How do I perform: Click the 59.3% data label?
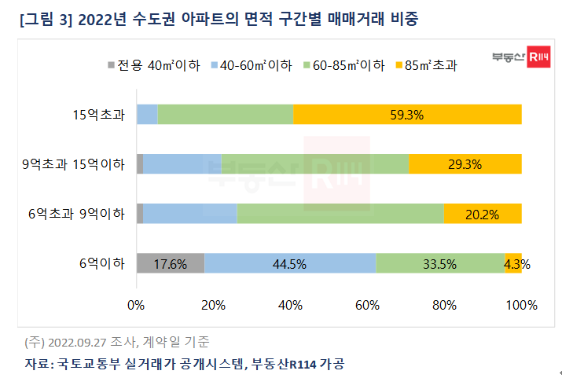coord(406,115)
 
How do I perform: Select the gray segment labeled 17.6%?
coord(170,264)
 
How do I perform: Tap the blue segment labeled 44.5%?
coord(290,264)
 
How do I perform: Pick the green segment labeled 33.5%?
coord(439,264)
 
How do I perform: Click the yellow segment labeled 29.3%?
coord(465,164)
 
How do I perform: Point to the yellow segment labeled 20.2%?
coord(483,214)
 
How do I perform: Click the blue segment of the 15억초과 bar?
coord(147,115)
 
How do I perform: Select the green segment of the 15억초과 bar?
coord(226,115)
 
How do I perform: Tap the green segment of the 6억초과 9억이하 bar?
coord(340,214)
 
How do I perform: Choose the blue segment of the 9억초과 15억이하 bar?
coord(182,164)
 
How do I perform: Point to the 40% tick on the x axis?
coord(290,304)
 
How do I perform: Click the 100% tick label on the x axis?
coord(520,304)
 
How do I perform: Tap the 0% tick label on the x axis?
coord(137,304)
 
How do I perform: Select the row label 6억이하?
coord(105,264)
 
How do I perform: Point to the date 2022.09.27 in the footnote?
coord(75,343)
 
